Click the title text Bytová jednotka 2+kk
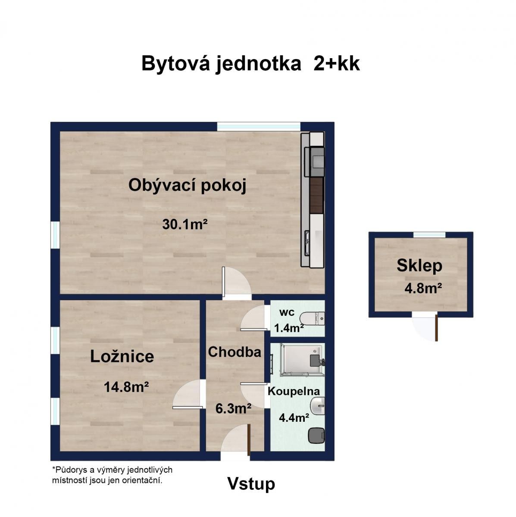(x=250, y=64)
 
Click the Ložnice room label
(x=122, y=356)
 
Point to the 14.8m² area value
(x=126, y=387)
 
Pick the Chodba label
(x=235, y=352)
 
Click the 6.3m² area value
(x=233, y=408)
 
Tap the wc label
(x=287, y=312)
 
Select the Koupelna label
(x=294, y=391)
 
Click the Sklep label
(x=419, y=265)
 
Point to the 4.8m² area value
(x=423, y=288)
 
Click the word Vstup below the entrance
(x=251, y=484)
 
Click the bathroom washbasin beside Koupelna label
(x=318, y=406)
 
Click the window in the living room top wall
(x=258, y=126)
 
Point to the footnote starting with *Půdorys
(x=112, y=475)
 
